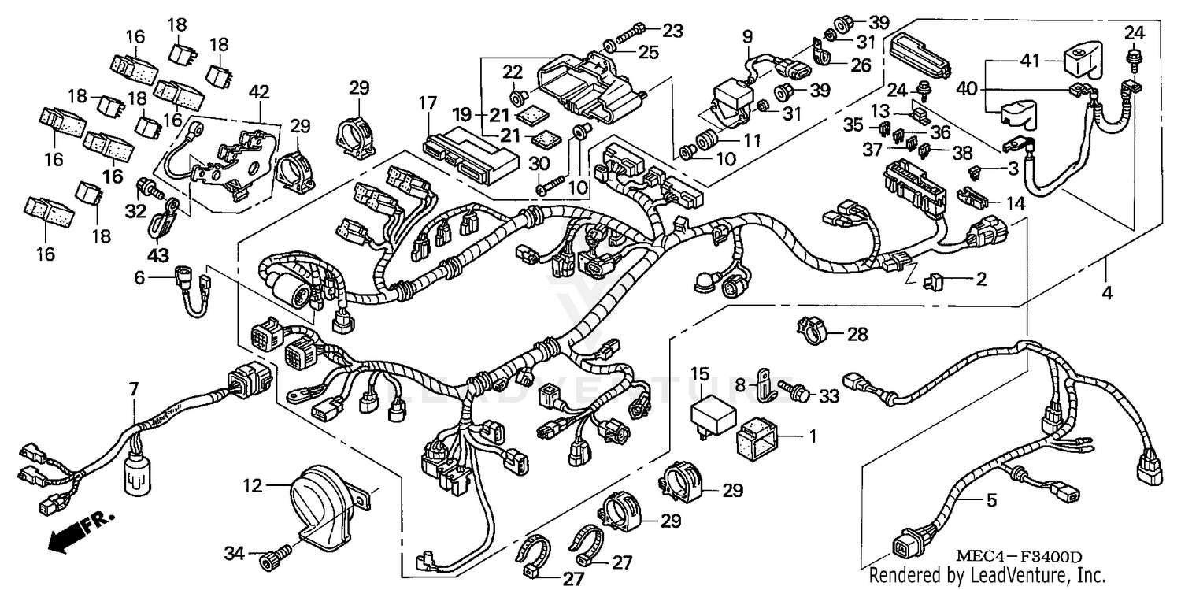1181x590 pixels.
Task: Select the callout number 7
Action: pos(133,389)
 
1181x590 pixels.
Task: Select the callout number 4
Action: pos(1107,293)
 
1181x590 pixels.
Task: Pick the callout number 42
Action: pos(259,91)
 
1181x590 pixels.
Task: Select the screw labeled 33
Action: pos(792,388)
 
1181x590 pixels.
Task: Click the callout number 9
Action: pos(746,36)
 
